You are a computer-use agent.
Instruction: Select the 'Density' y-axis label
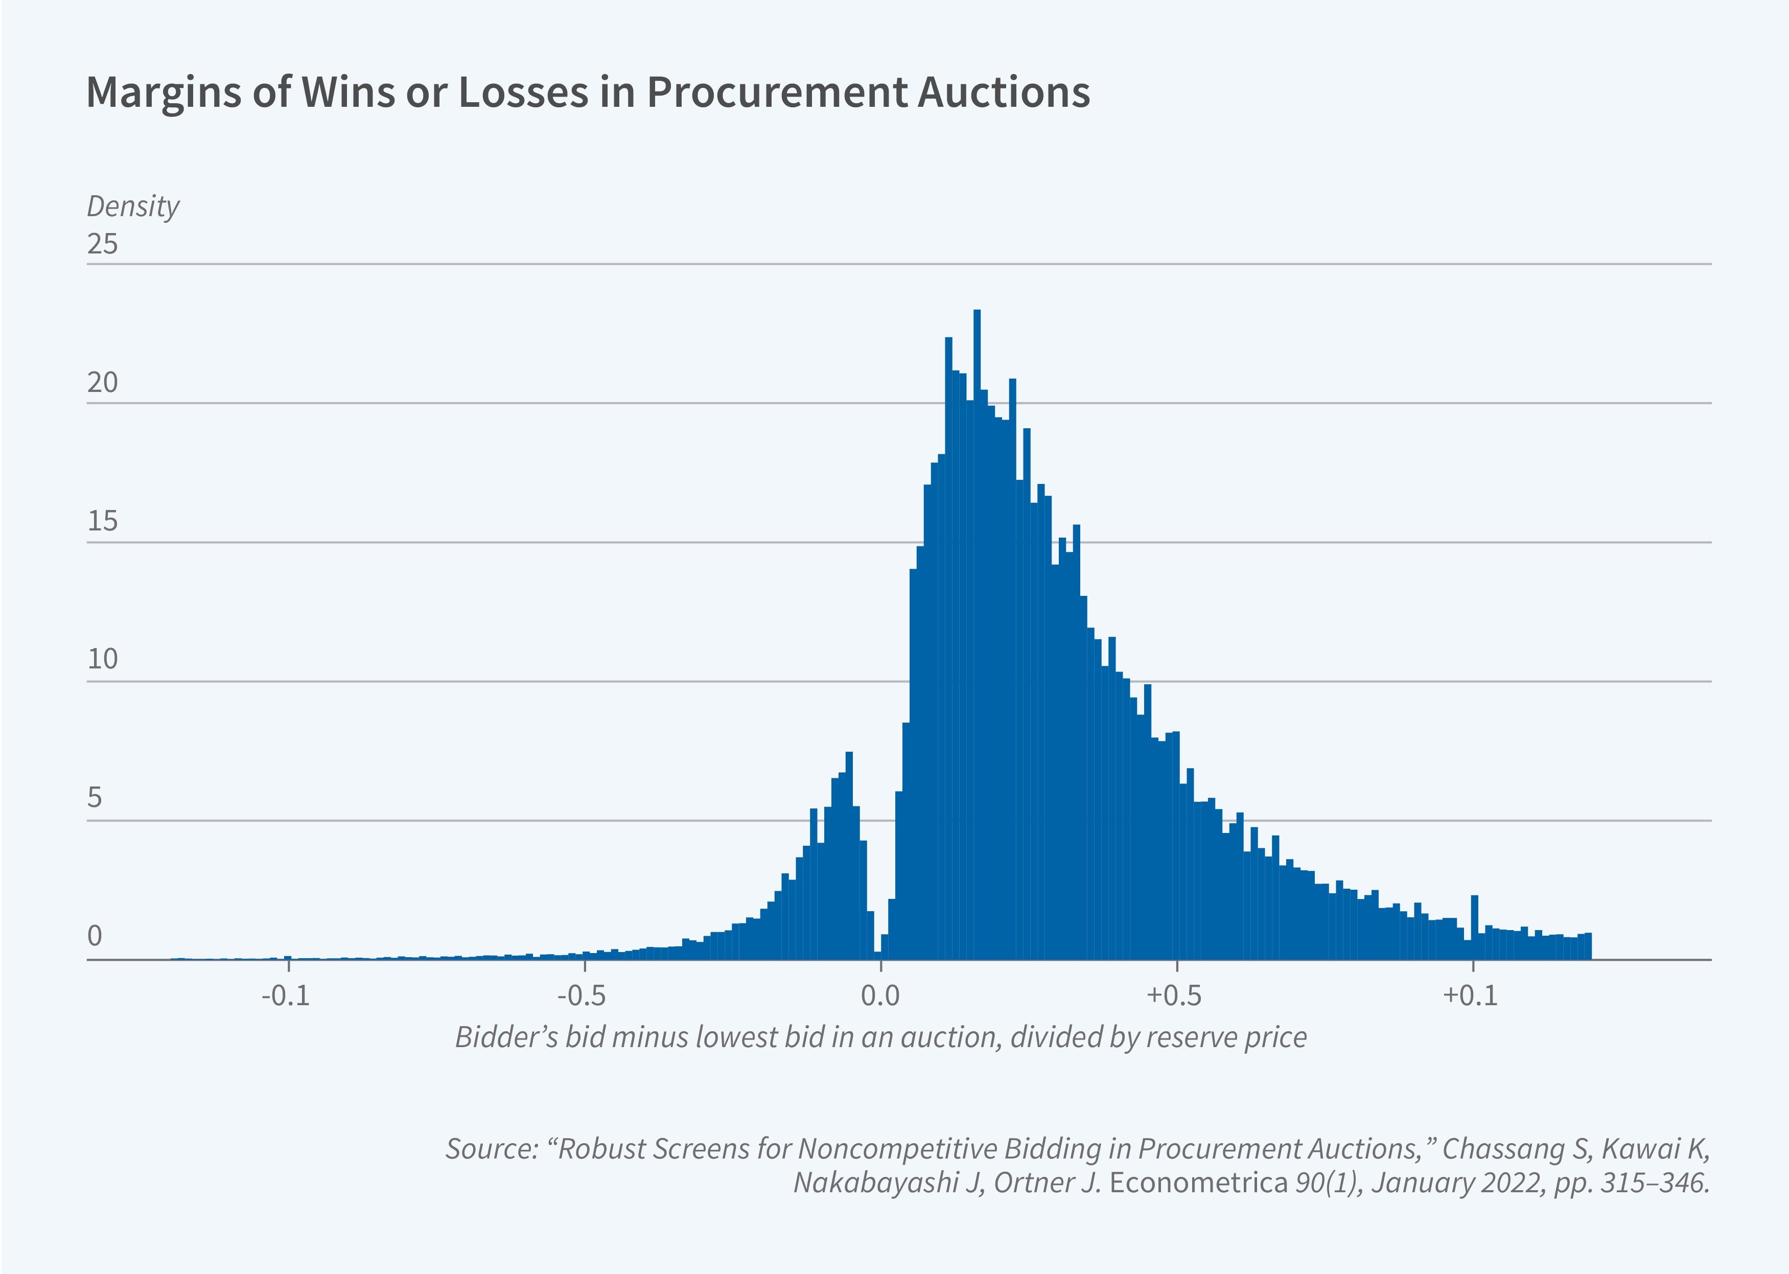pyautogui.click(x=132, y=206)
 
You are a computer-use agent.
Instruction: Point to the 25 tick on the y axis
pyautogui.click(x=102, y=244)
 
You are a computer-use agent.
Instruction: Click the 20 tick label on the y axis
pyautogui.click(x=102, y=383)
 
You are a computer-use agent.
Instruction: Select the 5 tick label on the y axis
pyautogui.click(x=95, y=798)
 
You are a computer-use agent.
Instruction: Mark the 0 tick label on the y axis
pyautogui.click(x=95, y=936)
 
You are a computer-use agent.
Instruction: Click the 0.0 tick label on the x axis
pyautogui.click(x=880, y=995)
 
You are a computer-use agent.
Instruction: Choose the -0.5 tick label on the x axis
pyautogui.click(x=582, y=995)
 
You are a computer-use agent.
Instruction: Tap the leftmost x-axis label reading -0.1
pyautogui.click(x=286, y=995)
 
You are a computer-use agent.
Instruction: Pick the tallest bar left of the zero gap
pyautogui.click(x=849, y=855)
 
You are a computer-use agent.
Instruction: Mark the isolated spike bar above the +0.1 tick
pyautogui.click(x=1475, y=925)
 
